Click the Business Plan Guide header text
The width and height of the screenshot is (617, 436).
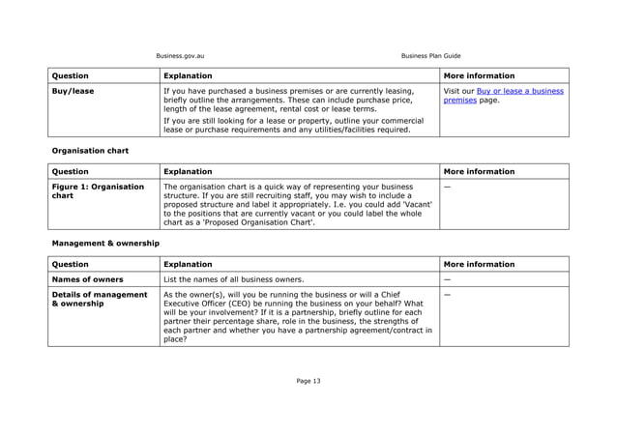430,55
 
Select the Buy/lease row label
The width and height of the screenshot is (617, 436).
73,92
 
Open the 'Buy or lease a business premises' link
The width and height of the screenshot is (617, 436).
503,96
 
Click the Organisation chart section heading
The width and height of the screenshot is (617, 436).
90,151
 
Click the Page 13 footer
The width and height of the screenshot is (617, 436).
308,381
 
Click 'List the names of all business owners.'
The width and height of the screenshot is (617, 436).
234,279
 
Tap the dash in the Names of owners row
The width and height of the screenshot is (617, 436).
447,279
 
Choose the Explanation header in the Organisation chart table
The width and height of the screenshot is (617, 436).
190,171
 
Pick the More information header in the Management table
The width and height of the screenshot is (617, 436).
479,264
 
